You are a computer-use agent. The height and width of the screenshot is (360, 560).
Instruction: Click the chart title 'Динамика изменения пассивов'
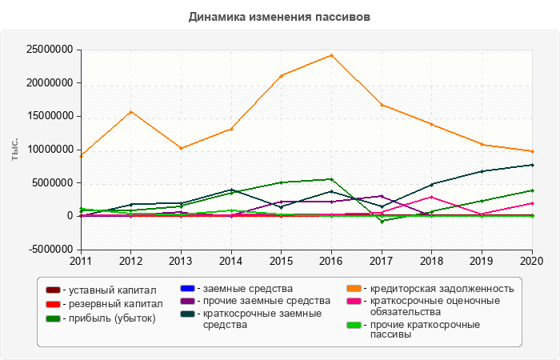[280, 16]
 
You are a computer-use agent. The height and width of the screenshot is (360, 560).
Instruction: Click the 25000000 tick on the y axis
[50, 50]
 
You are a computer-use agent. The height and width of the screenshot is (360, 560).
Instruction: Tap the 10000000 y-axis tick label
[50, 150]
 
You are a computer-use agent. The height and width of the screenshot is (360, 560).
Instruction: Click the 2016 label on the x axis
[331, 261]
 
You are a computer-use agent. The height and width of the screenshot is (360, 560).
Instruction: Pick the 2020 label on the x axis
[532, 261]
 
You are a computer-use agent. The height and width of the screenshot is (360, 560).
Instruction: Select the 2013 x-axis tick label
[181, 261]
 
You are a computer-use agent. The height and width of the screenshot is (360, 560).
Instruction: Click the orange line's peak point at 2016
[331, 55]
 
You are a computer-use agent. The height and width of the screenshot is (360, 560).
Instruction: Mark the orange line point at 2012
[130, 112]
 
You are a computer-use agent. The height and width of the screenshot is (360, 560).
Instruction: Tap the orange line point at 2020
[532, 151]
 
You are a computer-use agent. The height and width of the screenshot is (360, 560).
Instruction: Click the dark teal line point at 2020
[532, 165]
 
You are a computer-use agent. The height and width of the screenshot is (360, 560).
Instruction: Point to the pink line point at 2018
[431, 197]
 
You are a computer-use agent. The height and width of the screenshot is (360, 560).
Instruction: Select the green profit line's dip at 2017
[382, 221]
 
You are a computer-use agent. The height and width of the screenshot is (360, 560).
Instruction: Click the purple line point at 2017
[382, 196]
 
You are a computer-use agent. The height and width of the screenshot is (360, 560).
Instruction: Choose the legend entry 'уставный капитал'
[111, 290]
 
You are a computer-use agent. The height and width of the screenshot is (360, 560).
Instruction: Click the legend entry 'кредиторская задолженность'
[436, 288]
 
